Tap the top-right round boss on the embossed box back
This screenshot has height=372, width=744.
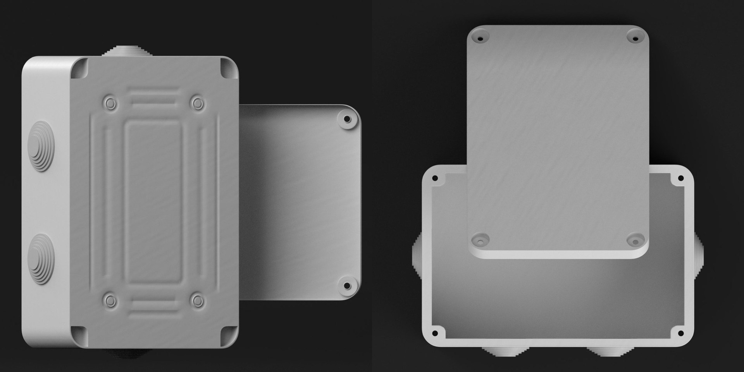point(198,103)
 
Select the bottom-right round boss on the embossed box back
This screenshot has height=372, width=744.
point(198,300)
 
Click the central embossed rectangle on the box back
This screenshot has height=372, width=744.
point(153,202)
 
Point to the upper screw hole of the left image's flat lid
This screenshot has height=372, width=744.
point(347,119)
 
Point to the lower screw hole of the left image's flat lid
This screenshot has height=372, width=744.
point(347,286)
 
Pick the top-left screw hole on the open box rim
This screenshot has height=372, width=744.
point(435,178)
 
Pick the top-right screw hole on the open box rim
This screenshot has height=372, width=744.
point(680,178)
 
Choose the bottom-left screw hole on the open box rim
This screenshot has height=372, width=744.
point(435,333)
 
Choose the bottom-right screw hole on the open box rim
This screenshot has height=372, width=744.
point(680,333)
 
